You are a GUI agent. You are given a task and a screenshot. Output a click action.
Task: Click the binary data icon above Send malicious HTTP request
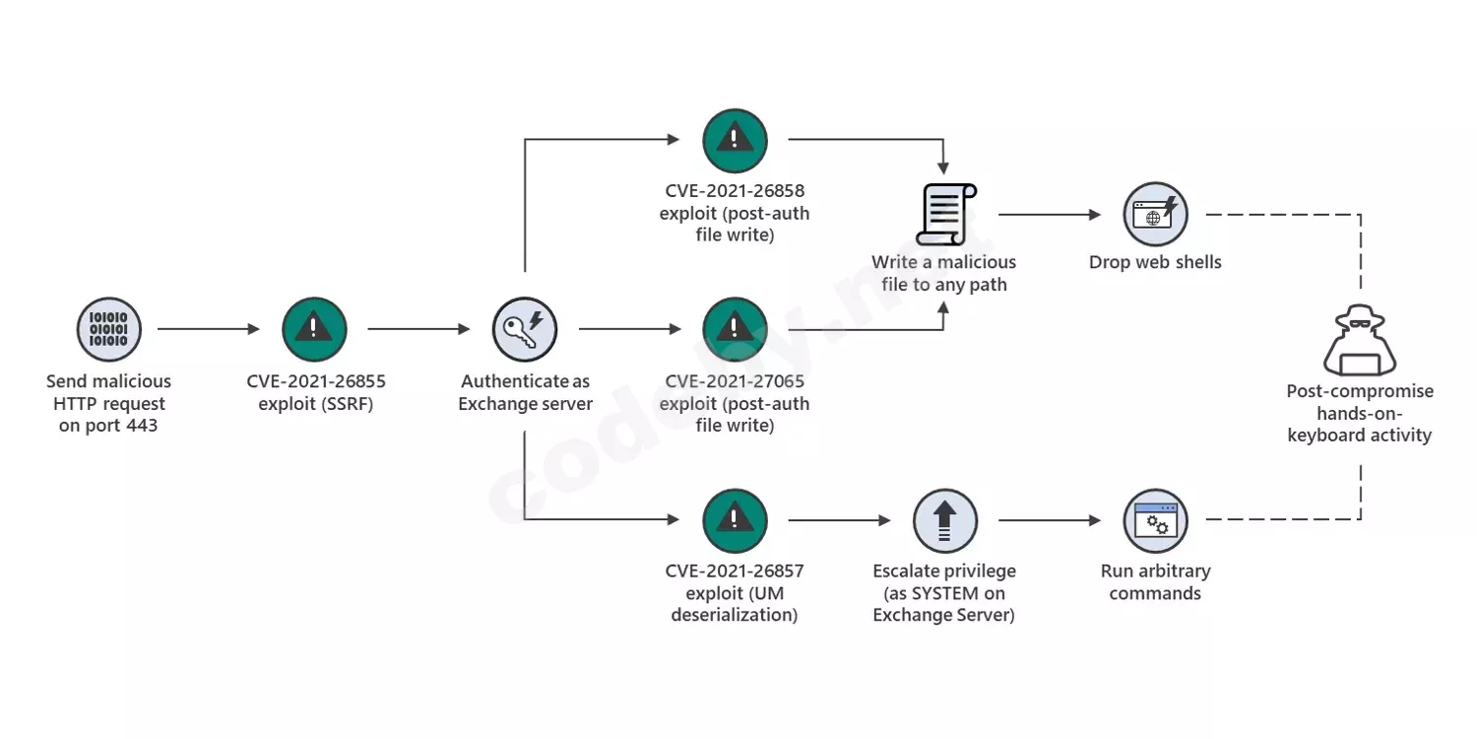[108, 329]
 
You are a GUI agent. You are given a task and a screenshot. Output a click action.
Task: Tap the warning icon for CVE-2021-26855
[314, 329]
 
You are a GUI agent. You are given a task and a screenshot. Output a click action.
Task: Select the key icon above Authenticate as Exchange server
[525, 329]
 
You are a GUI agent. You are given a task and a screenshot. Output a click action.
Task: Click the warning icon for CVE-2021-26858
[735, 140]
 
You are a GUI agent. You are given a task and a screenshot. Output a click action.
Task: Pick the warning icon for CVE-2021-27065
[735, 329]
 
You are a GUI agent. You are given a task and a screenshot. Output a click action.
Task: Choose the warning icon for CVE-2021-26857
[735, 520]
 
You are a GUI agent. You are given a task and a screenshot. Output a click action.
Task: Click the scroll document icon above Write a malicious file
[944, 214]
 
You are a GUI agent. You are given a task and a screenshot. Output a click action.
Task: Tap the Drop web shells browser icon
[1155, 214]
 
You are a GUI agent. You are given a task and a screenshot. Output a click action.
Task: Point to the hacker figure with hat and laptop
[1359, 340]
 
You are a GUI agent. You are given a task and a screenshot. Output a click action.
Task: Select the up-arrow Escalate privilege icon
[944, 520]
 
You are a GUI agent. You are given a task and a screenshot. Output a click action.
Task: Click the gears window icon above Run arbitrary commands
[1155, 520]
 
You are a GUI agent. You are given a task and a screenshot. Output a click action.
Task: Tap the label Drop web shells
[1155, 262]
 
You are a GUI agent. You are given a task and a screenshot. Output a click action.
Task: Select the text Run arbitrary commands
[1155, 581]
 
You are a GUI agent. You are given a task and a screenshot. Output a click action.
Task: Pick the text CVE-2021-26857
[735, 571]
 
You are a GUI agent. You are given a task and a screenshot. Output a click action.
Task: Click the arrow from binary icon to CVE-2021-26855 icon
[209, 329]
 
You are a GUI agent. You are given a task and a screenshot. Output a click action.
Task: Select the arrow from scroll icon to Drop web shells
[1050, 214]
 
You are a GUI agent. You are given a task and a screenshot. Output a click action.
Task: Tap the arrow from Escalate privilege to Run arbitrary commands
[1050, 520]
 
